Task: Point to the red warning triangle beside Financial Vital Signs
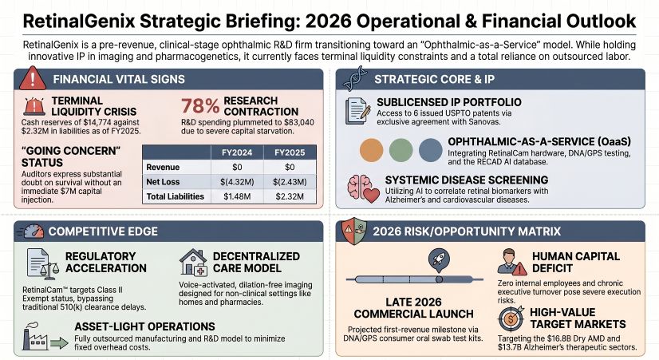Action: [30, 79]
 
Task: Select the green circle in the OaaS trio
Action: [401, 150]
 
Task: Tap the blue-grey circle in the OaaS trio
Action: [430, 150]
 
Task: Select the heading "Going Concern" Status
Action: [61, 157]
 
